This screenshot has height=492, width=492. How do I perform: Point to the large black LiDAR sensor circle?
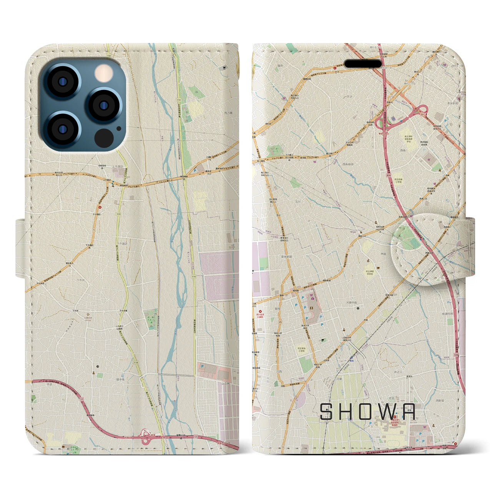click(103, 137)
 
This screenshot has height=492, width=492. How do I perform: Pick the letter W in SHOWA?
click(388, 411)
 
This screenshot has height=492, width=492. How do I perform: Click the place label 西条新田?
click(347, 164)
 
